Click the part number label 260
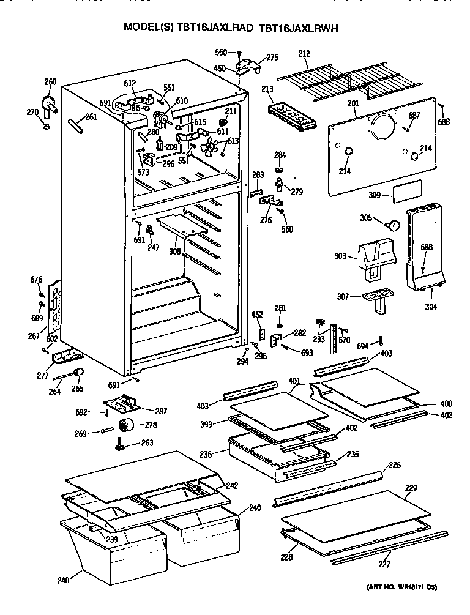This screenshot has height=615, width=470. tap(50, 82)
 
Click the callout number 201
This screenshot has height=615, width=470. tap(352, 103)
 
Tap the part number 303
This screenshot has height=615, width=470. tap(340, 256)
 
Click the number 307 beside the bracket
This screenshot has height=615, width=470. tap(343, 297)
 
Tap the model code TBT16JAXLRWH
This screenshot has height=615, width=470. tap(299, 28)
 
